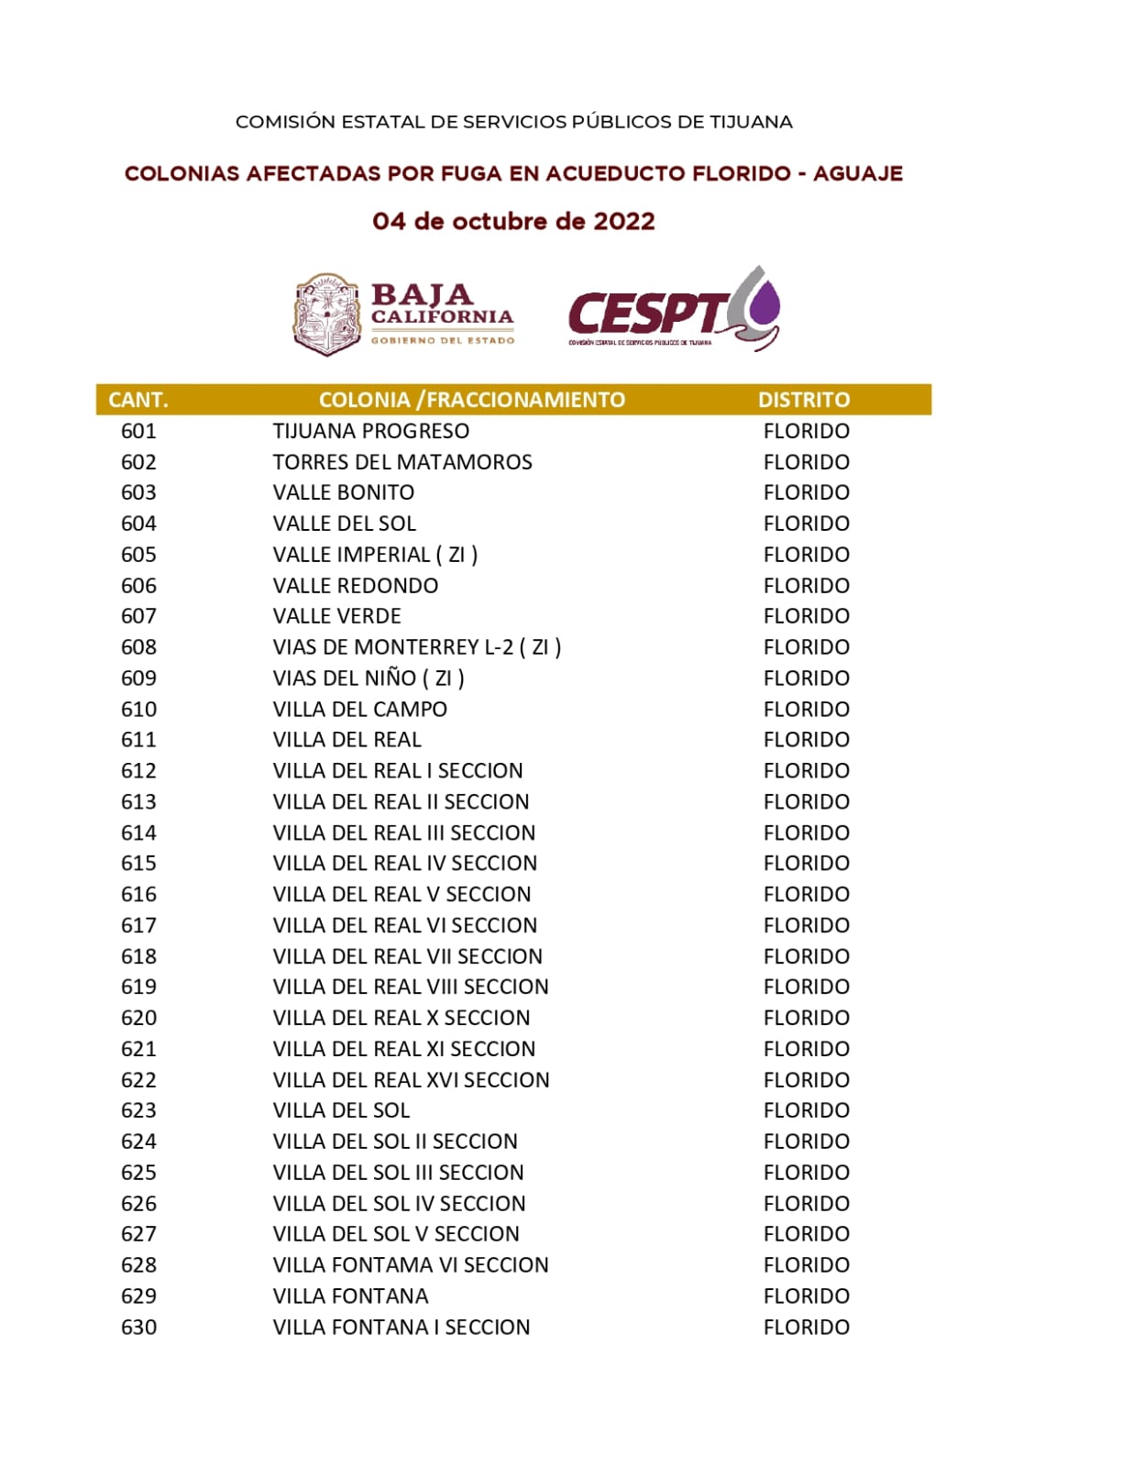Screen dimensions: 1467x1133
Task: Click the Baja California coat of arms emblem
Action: point(326,314)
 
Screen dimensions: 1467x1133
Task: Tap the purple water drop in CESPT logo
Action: point(764,304)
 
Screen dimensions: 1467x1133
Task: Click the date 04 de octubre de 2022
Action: point(513,222)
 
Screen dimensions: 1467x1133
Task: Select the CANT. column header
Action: point(138,400)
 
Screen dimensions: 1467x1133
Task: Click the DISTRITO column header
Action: point(803,400)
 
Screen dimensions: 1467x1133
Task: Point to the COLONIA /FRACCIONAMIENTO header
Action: point(471,400)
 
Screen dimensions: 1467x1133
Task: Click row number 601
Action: point(138,431)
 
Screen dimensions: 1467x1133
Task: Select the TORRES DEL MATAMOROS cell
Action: point(401,462)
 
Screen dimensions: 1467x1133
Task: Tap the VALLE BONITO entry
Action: point(343,492)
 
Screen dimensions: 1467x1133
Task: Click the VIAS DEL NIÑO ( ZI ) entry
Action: point(368,678)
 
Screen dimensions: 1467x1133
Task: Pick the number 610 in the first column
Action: point(138,709)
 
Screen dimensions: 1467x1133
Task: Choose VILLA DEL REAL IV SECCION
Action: point(404,864)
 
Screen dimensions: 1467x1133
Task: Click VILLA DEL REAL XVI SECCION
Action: point(411,1080)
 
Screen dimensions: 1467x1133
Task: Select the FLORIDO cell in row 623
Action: point(806,1110)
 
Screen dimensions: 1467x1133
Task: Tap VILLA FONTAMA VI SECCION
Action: point(410,1265)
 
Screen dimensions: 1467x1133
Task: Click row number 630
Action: point(138,1327)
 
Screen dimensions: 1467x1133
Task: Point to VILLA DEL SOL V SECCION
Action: point(395,1234)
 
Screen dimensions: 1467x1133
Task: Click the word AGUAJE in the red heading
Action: point(857,173)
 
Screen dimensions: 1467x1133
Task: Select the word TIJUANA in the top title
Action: point(751,122)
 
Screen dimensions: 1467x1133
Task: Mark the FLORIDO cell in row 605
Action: point(806,555)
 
